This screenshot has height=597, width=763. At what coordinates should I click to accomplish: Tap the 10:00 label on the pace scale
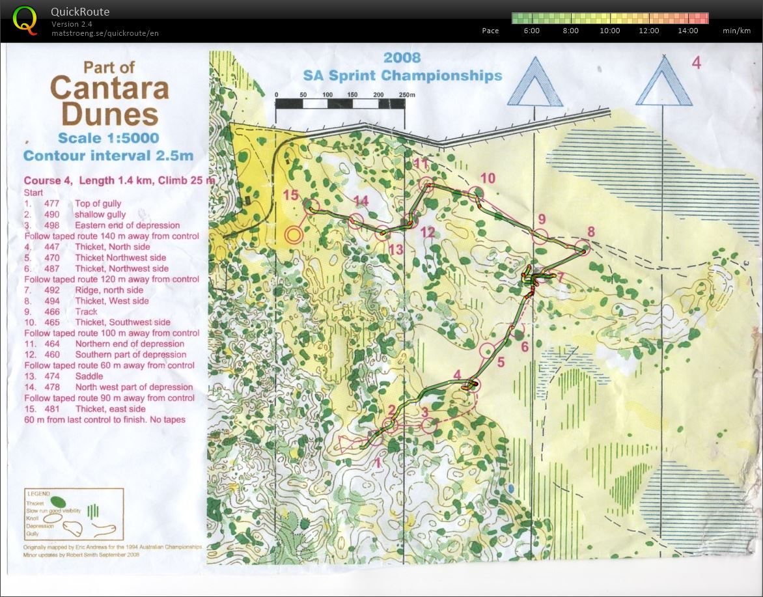point(609,31)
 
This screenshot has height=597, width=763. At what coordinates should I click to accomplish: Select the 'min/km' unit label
point(736,31)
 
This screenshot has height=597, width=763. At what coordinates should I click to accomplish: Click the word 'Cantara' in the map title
point(109,88)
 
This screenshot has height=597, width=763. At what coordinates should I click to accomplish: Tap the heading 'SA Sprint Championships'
point(402,76)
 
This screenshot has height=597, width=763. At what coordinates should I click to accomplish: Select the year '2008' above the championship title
point(402,58)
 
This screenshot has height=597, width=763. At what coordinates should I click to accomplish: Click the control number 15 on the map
point(290,195)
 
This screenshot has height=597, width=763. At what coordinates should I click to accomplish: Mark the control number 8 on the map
point(590,231)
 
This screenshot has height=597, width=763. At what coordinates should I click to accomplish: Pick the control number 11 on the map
point(421,163)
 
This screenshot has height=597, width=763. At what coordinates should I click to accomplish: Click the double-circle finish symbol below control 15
point(294,235)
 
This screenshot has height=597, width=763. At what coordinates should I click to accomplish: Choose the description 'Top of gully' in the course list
point(98,204)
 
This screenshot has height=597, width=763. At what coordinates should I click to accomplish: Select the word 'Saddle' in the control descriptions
point(89,376)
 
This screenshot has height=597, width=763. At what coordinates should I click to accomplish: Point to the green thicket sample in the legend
point(57,502)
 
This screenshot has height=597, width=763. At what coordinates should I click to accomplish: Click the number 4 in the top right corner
point(696,63)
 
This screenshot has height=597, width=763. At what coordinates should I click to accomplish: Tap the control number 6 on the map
point(525,346)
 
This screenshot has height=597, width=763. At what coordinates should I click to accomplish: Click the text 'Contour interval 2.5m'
point(108,156)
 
